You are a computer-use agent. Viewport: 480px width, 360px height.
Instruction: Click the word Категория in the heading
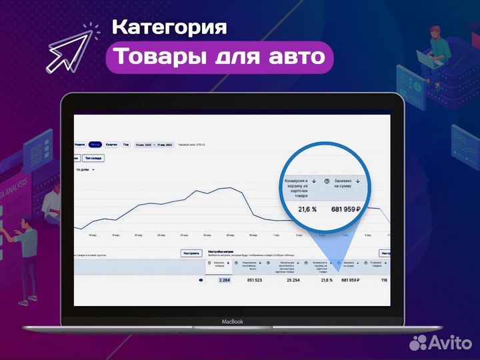(169, 27)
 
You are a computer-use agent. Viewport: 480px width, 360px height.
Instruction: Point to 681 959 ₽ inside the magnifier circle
(345, 209)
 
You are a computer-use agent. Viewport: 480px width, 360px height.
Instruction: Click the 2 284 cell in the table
(223, 281)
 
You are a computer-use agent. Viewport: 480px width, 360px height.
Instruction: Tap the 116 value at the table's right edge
(384, 281)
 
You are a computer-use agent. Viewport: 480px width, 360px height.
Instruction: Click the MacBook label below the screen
(233, 321)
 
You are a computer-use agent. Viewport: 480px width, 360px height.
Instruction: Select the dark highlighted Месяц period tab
(95, 144)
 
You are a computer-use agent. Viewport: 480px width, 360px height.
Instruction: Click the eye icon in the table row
(201, 281)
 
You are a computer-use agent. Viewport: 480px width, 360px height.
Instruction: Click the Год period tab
(126, 144)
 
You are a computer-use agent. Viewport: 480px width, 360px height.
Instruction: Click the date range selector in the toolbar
(154, 144)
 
